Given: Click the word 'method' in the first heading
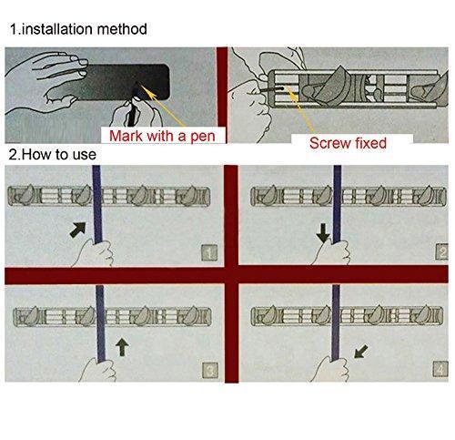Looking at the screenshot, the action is coord(122,29).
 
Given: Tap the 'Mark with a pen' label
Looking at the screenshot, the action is coord(162,136).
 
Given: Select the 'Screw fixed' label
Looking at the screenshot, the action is coord(348,143).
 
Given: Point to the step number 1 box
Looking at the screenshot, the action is coord(209,252).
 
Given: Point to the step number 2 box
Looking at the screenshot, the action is coord(441,251).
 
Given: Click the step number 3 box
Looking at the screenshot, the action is coord(210,370).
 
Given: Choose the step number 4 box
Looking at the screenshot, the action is coord(440,369).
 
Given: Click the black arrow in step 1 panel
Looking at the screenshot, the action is coord(78,230).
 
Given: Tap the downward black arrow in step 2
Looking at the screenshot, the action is coord(323,233).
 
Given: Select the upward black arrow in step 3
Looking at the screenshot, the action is coord(122,347).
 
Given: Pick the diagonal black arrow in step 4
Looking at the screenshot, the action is coord(361,352).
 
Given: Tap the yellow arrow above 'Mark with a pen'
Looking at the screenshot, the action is coord(163,106).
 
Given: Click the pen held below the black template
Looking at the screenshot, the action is coord(132,114).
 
